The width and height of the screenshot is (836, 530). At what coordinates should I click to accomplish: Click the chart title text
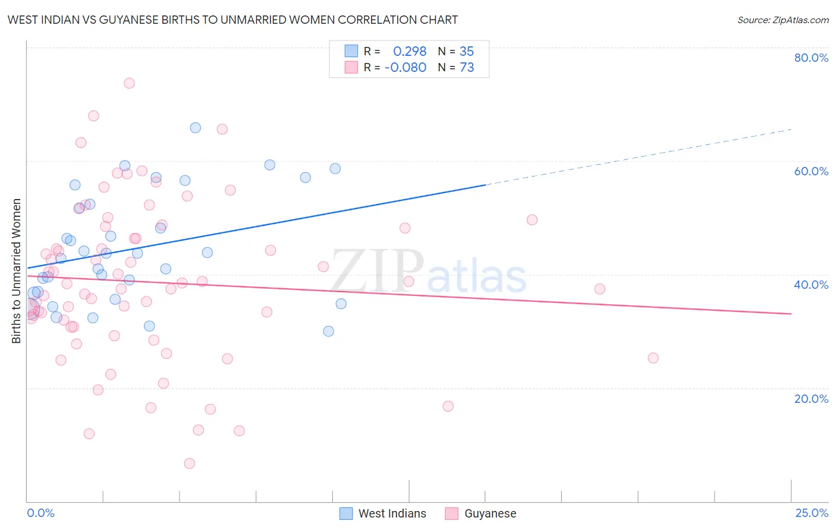[x=232, y=20]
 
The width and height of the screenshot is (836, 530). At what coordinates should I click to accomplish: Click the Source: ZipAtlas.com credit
[x=782, y=20]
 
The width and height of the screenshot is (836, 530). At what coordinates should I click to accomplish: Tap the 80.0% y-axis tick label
[x=811, y=58]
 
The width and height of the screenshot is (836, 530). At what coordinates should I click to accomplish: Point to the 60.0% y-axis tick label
[x=811, y=171]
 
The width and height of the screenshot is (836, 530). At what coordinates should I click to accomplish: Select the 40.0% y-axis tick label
[x=811, y=285]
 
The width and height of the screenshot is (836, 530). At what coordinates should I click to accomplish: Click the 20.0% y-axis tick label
[x=811, y=398]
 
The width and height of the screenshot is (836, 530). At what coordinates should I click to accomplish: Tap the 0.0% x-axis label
[x=40, y=513]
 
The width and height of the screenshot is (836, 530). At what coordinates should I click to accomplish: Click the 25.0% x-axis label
[x=812, y=513]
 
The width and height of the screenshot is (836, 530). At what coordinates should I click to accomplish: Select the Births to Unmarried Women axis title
[x=17, y=271]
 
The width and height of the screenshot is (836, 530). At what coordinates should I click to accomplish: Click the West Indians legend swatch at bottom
[x=346, y=513]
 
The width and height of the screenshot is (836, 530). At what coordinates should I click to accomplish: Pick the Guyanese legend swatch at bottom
[x=452, y=513]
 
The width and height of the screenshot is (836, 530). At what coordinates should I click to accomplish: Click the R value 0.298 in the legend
[x=410, y=52]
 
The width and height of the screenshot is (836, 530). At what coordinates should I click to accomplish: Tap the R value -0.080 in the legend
[x=406, y=68]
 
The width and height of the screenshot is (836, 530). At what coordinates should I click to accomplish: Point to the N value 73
[x=467, y=68]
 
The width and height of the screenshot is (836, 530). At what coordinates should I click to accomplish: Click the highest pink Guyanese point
[x=129, y=83]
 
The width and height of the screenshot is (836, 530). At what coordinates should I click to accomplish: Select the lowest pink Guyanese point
[x=190, y=463]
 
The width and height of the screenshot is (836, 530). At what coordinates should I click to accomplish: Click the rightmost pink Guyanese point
[x=653, y=358]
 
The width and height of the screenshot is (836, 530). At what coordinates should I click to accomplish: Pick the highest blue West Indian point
[x=195, y=128]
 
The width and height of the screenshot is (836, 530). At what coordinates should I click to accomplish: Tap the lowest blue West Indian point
[x=328, y=332]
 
